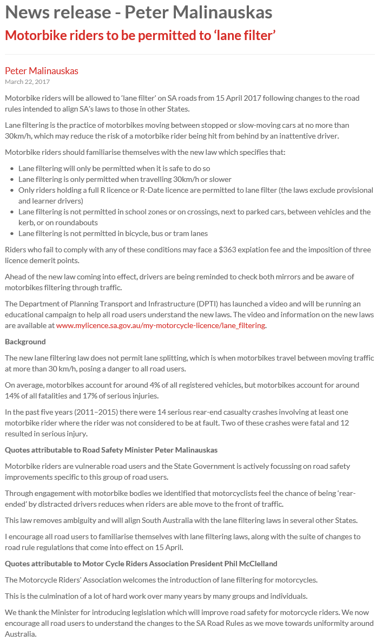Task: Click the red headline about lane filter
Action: [x=141, y=36]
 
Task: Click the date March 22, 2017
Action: [x=27, y=82]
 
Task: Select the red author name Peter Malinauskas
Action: [x=42, y=71]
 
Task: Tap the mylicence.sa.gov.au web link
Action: [x=161, y=325]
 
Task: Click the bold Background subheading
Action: [x=25, y=342]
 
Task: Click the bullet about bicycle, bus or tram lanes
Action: [x=113, y=233]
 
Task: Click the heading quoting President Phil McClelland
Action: [x=141, y=564]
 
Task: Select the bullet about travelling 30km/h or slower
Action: [x=125, y=179]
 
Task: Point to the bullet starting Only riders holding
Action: [x=195, y=190]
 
